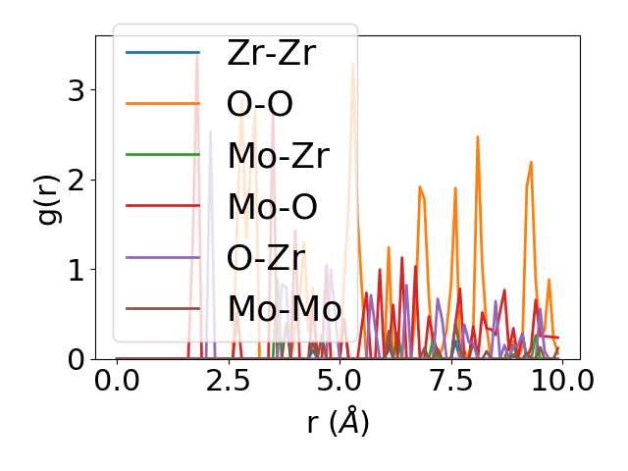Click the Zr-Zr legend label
click(x=271, y=53)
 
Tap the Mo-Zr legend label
click(x=278, y=155)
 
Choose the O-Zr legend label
click(x=265, y=257)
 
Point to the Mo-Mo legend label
click(x=285, y=308)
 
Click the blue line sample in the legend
click(x=163, y=53)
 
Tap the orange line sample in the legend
click(x=163, y=104)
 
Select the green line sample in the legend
click(x=163, y=155)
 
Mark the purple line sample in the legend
click(x=163, y=257)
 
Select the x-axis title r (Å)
click(x=338, y=423)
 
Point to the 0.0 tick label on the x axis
click(x=117, y=381)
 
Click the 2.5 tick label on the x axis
click(x=228, y=381)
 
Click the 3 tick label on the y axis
click(x=75, y=90)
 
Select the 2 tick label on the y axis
click(x=75, y=180)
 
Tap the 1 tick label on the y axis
click(x=75, y=270)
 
